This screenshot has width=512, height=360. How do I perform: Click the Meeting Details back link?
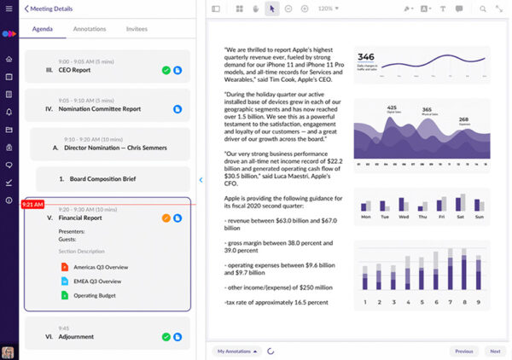pyautogui.click(x=51, y=9)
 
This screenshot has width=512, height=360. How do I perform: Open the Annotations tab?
pyautogui.click(x=90, y=28)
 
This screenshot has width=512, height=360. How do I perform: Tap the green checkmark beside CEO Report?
pyautogui.click(x=166, y=71)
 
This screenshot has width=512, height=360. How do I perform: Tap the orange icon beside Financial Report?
pyautogui.click(x=166, y=218)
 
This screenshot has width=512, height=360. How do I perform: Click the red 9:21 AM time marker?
pyautogui.click(x=32, y=205)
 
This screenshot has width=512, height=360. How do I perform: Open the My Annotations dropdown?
pyautogui.click(x=236, y=351)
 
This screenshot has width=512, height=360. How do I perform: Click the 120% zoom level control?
pyautogui.click(x=328, y=9)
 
